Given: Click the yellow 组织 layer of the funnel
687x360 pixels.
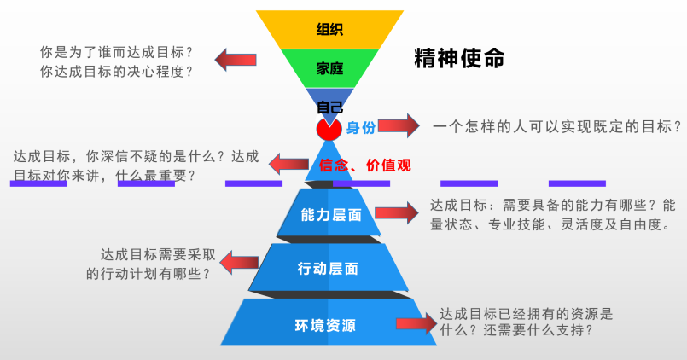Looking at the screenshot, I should (329, 29).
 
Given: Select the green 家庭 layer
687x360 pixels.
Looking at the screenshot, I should (329, 69).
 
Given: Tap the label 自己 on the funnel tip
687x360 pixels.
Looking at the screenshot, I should (329, 107).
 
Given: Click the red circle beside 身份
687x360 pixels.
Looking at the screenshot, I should (329, 130).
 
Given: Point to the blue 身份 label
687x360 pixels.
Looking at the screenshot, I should (360, 129).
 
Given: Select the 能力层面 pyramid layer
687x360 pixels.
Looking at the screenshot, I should (331, 217).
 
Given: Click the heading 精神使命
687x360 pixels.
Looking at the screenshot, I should (459, 58).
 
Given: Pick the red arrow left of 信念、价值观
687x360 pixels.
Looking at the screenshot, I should (289, 162).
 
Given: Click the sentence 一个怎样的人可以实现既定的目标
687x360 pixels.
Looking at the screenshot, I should (556, 126).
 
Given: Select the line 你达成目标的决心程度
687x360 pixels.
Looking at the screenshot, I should (116, 72).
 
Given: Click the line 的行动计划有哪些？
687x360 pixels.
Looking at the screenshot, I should (149, 274).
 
